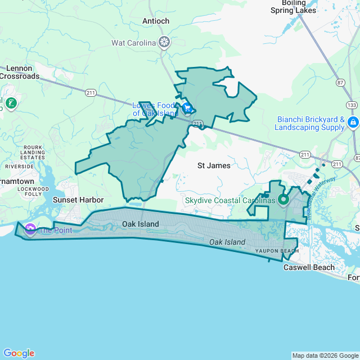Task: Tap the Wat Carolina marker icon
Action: coord(164,42)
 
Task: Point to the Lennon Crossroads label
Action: coord(19,72)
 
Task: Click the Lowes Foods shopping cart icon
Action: coord(187,107)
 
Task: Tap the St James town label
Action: coord(214,165)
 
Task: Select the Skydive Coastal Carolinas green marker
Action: coord(283,200)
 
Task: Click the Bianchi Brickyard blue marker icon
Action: coord(353,122)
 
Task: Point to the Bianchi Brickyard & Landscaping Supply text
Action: coord(310,123)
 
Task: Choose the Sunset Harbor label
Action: coord(78,200)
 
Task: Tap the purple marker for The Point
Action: coord(30,229)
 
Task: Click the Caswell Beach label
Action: coord(309,267)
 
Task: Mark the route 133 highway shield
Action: coord(352,105)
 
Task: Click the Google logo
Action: coord(19,353)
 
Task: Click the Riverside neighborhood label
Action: coord(20,166)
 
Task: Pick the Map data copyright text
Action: coord(325,355)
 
